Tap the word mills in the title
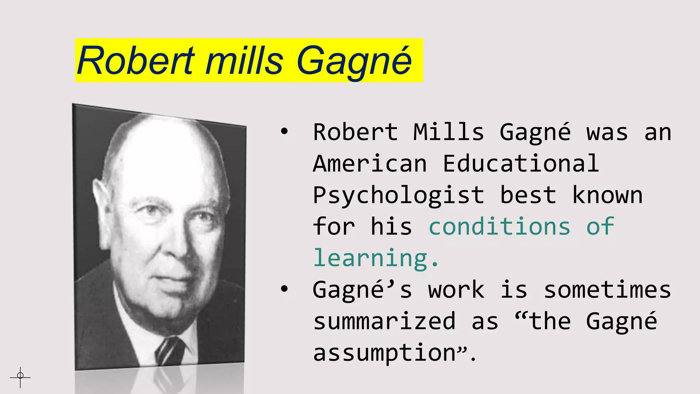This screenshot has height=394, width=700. click(x=244, y=61)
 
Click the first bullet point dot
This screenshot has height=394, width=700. click(x=284, y=132)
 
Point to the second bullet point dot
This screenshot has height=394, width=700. click(x=284, y=289)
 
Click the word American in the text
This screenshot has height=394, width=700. click(x=370, y=163)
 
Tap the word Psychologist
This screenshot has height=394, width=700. click(x=399, y=196)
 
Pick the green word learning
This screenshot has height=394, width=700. click(x=371, y=259)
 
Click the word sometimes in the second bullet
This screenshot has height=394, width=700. click(x=607, y=290)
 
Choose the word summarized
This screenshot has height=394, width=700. click(x=384, y=321)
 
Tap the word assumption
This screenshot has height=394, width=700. click(x=384, y=353)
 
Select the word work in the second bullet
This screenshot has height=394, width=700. click(x=456, y=290)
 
